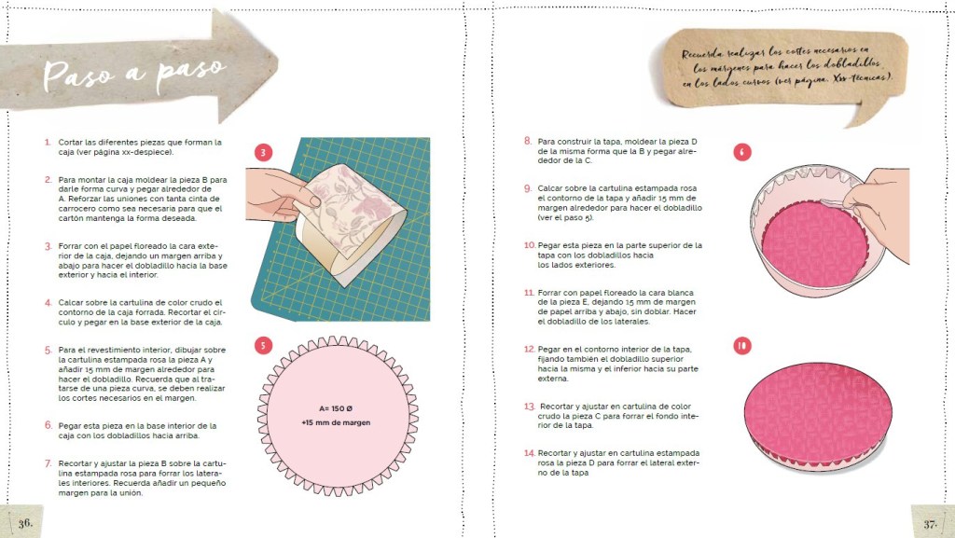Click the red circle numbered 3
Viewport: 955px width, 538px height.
coord(263,152)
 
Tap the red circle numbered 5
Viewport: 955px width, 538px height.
coord(263,346)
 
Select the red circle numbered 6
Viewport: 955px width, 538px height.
coord(741,152)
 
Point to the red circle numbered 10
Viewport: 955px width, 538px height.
coord(741,346)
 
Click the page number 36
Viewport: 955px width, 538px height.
coord(25,523)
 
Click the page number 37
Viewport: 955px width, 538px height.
coord(930,523)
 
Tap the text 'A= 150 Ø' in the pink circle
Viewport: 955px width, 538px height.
coord(336,409)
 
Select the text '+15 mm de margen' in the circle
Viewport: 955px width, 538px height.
coord(336,422)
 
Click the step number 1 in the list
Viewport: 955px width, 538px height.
coord(48,143)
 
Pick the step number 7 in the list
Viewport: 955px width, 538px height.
coord(48,463)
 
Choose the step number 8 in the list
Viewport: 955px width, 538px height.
coord(528,141)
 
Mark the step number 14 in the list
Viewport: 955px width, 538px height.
coord(530,453)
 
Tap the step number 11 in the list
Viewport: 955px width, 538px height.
coord(529,293)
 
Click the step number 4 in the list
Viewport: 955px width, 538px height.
coord(48,302)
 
